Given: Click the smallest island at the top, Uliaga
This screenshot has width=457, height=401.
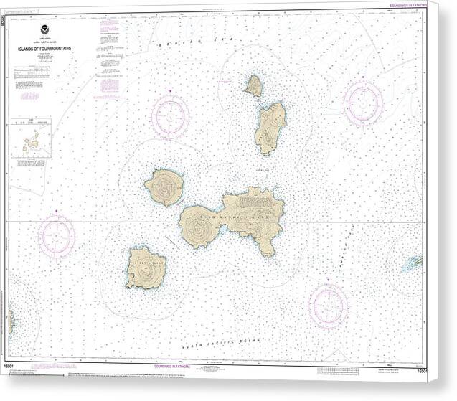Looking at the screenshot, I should point(253,86).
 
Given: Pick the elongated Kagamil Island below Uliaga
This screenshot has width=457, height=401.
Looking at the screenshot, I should point(269,128).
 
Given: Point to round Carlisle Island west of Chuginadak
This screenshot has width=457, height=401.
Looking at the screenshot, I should point(164,187).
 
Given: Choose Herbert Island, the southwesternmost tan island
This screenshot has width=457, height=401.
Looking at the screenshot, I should point(146,268).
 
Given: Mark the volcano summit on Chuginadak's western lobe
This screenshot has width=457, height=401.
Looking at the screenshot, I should point(199,226).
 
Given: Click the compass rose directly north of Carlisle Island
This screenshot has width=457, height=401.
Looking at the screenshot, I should point(170,115).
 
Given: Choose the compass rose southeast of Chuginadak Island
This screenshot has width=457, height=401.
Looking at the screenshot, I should point(329,305).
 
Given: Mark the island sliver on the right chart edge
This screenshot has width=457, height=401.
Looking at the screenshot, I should point(415,263).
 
